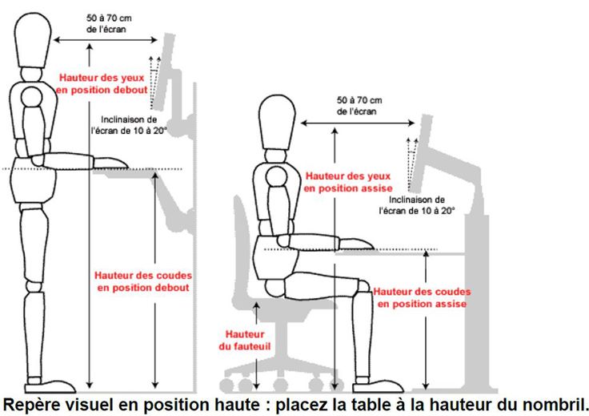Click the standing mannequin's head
33,40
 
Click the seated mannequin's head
278,123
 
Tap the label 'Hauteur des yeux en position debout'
102,84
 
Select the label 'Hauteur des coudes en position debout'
143,281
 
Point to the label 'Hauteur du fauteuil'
245,340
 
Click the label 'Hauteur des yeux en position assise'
348,182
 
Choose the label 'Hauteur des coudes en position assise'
422,297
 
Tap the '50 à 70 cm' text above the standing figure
109,18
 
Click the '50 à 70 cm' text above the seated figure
359,100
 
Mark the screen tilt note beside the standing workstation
129,125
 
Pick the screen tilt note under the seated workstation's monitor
417,205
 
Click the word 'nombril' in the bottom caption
558,404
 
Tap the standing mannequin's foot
50,386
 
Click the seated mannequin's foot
378,386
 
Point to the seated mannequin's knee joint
363,286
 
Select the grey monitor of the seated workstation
420,153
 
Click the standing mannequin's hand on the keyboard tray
110,163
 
